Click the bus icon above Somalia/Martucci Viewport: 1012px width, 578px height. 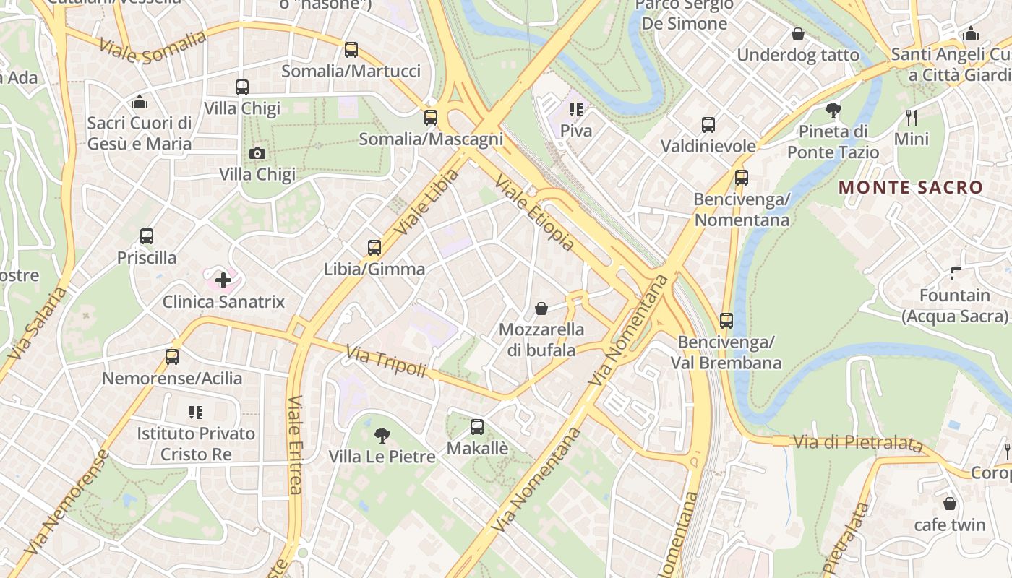[x=351, y=50]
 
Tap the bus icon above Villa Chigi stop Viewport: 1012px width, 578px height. [x=242, y=87]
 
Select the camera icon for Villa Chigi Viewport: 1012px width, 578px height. [x=257, y=153]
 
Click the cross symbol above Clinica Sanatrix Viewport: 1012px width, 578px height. [x=223, y=280]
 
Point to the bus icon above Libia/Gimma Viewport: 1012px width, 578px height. [x=374, y=248]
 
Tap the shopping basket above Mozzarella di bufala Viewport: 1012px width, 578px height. [x=541, y=309]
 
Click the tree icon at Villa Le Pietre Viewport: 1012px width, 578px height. [x=382, y=435]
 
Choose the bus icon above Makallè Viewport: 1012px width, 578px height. [x=477, y=427]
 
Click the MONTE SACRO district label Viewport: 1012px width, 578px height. [x=911, y=188]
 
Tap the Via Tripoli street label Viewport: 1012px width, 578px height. [x=386, y=361]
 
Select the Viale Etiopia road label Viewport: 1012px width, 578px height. [x=535, y=212]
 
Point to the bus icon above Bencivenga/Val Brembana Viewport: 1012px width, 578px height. [x=726, y=320]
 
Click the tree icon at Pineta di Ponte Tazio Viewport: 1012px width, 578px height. [x=833, y=111]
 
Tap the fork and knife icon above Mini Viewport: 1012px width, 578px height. [x=912, y=117]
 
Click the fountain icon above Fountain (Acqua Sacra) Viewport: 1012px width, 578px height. [x=955, y=274]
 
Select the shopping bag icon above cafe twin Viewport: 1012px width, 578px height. [x=950, y=503]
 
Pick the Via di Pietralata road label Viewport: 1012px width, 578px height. [x=857, y=442]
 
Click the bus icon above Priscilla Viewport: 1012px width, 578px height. [x=147, y=236]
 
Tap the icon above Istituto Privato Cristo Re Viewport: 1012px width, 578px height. [x=196, y=413]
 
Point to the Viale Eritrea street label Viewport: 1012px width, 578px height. [x=295, y=444]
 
